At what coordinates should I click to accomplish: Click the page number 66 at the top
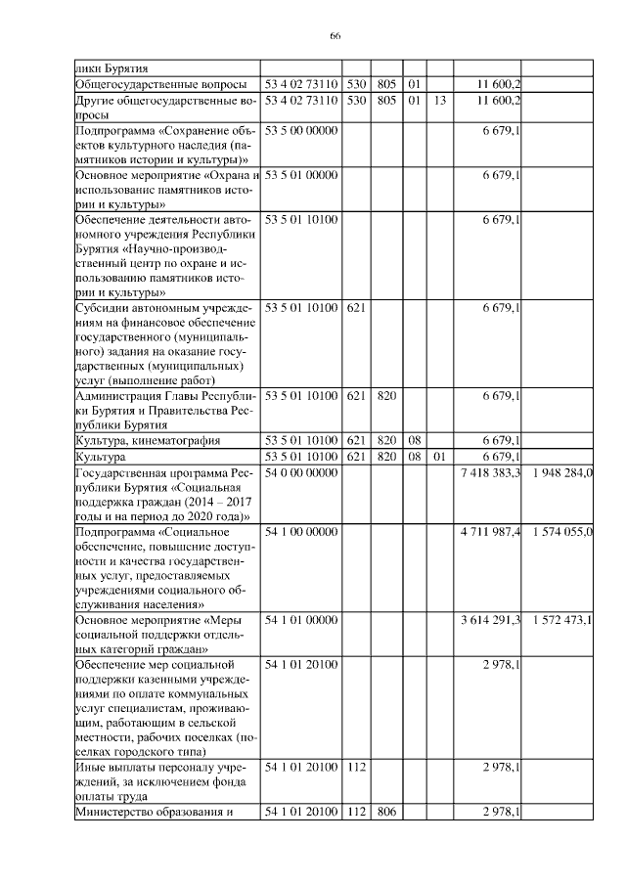click(335, 35)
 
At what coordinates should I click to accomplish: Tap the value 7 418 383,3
click(490, 472)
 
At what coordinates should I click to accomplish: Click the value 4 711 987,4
click(490, 531)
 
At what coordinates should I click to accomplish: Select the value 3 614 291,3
click(490, 619)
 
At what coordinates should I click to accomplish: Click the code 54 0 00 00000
click(301, 472)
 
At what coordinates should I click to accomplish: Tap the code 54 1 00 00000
click(301, 531)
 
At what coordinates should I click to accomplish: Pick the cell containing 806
click(385, 811)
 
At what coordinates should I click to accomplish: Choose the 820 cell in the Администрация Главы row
click(385, 397)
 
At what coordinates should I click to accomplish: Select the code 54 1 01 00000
click(301, 619)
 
